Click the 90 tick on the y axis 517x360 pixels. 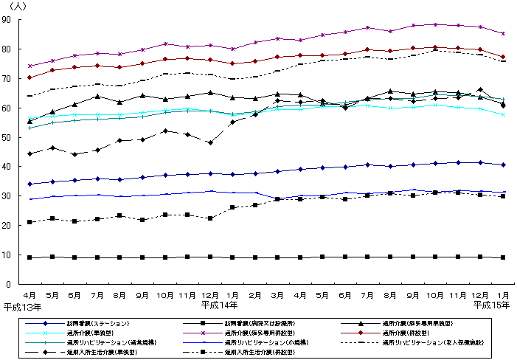[15, 20]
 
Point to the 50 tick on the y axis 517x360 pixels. [15, 137]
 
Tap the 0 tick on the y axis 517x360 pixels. [18, 284]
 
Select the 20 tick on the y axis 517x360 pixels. [15, 226]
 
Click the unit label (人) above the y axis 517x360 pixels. [17, 7]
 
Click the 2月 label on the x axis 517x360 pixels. [255, 294]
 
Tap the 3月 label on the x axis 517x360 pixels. [278, 294]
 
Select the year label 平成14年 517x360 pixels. [219, 305]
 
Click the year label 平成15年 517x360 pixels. [490, 305]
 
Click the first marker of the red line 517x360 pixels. [29, 77]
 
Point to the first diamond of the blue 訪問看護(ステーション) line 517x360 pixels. [29, 184]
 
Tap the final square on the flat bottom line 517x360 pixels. [503, 257]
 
